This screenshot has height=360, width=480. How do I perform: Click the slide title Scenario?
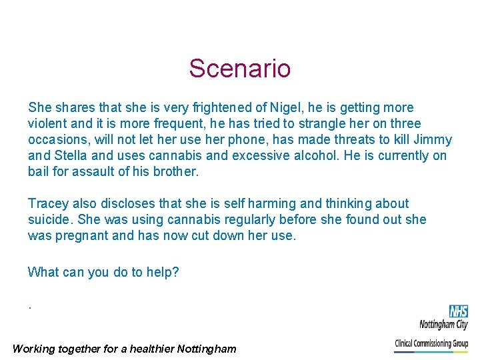[239, 69]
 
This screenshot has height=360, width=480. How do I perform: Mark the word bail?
[39, 172]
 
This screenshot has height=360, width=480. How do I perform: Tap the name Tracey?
[48, 204]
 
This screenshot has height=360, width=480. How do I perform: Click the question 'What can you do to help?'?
[103, 272]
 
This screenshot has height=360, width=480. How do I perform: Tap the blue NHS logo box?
[458, 311]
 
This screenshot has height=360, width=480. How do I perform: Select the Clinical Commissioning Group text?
[431, 344]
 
